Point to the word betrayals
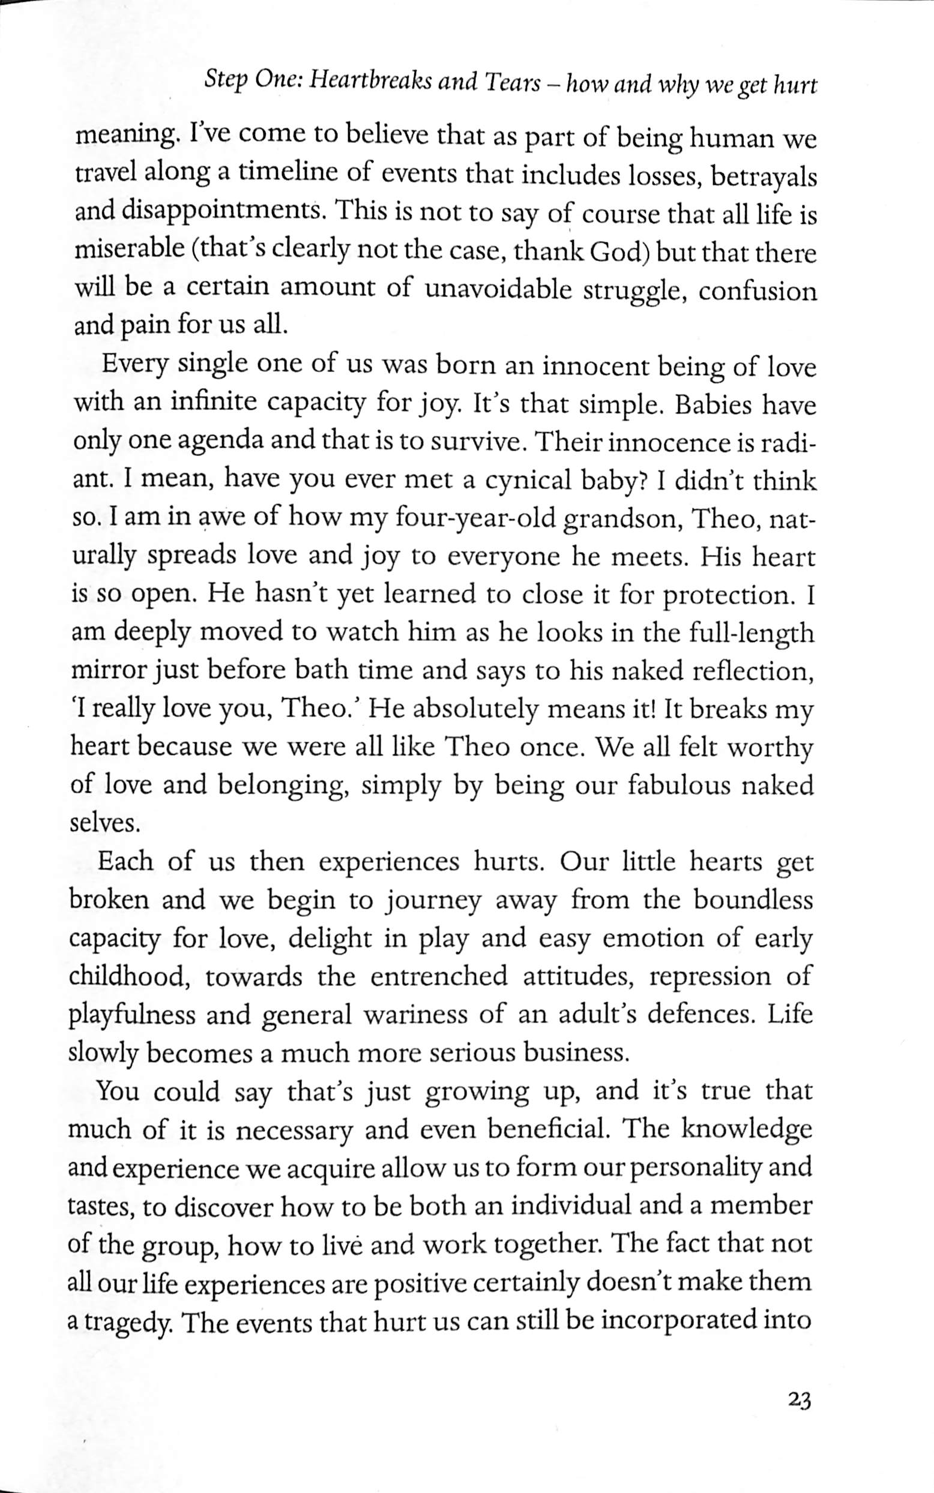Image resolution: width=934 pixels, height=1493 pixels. point(764,177)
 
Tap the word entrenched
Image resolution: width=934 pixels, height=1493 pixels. point(439,976)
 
